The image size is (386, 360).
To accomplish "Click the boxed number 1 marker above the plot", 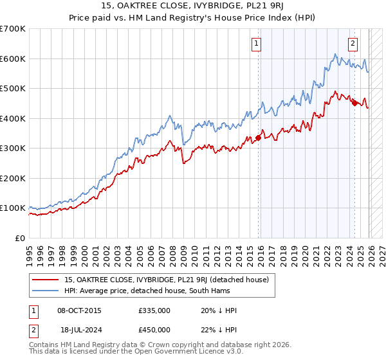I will coord(256,44).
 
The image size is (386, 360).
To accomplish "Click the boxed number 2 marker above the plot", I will coord(353,44).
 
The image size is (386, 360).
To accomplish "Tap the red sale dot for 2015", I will coord(259,137).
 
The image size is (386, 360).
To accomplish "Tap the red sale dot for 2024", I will coord(354,101).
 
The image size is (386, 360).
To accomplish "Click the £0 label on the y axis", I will coord(20,238).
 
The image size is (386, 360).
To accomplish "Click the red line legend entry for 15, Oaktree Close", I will coord(170,280).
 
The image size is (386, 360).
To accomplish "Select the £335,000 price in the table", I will coord(154,310).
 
